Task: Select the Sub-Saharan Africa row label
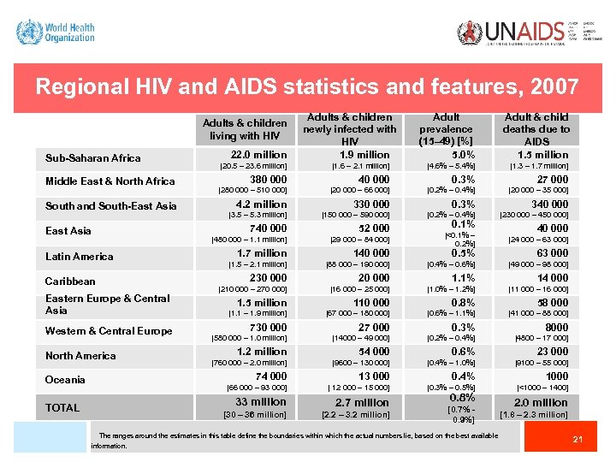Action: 92,157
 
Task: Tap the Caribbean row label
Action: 70,281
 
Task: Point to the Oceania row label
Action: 65,379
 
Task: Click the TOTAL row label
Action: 62,407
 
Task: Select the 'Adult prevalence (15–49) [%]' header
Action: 446,129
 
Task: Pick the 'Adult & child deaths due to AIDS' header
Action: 536,129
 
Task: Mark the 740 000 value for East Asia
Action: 268,228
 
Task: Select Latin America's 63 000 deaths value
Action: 553,253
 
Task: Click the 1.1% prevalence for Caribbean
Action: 463,278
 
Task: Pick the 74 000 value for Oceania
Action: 270,376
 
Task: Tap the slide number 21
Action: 577,440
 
